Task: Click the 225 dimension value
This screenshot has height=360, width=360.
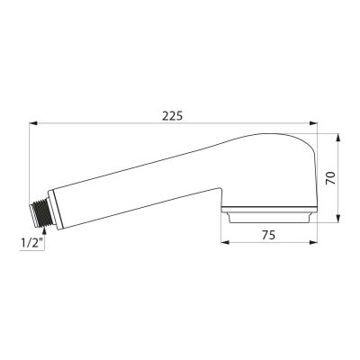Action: tap(172, 116)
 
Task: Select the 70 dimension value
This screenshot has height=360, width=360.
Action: tap(330, 178)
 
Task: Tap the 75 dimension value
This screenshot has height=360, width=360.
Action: tap(268, 235)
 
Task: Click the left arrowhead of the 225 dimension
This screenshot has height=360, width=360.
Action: tap(32, 123)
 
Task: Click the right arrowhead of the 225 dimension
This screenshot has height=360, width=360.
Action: tap(313, 123)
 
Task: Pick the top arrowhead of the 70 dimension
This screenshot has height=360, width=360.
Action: tap(338, 138)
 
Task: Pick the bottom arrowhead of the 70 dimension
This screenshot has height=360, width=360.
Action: tap(338, 219)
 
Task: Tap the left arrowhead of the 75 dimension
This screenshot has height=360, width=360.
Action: tap(225, 242)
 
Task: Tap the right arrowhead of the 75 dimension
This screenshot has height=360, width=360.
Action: tap(313, 242)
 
